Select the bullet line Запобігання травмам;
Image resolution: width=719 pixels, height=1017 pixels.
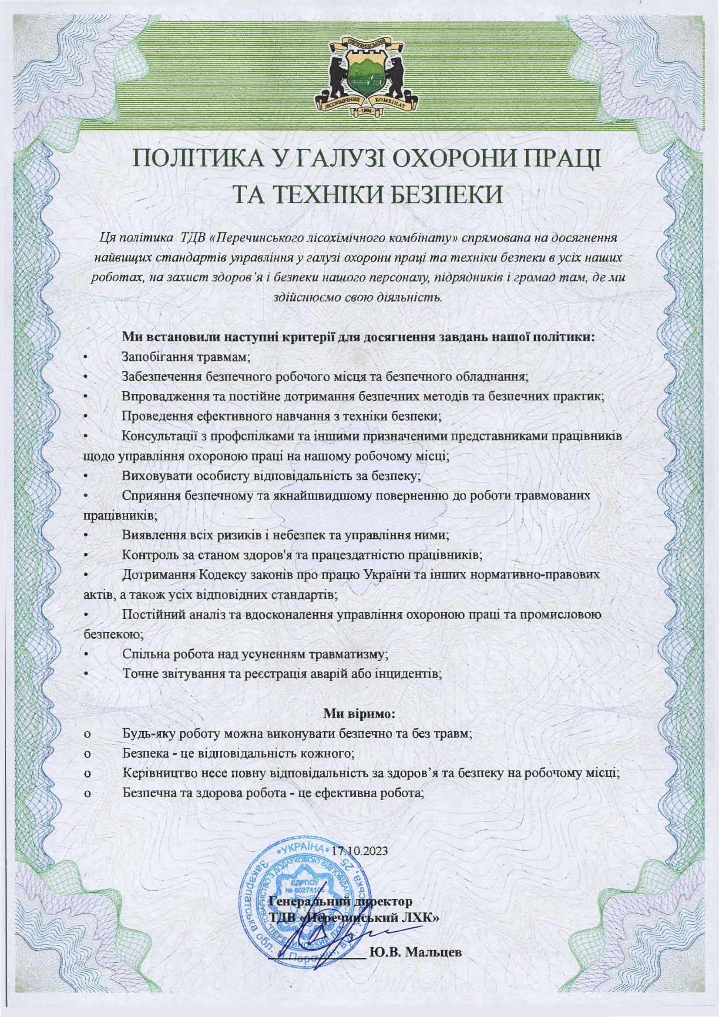click(186, 357)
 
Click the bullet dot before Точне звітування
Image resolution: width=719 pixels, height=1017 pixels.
click(87, 674)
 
